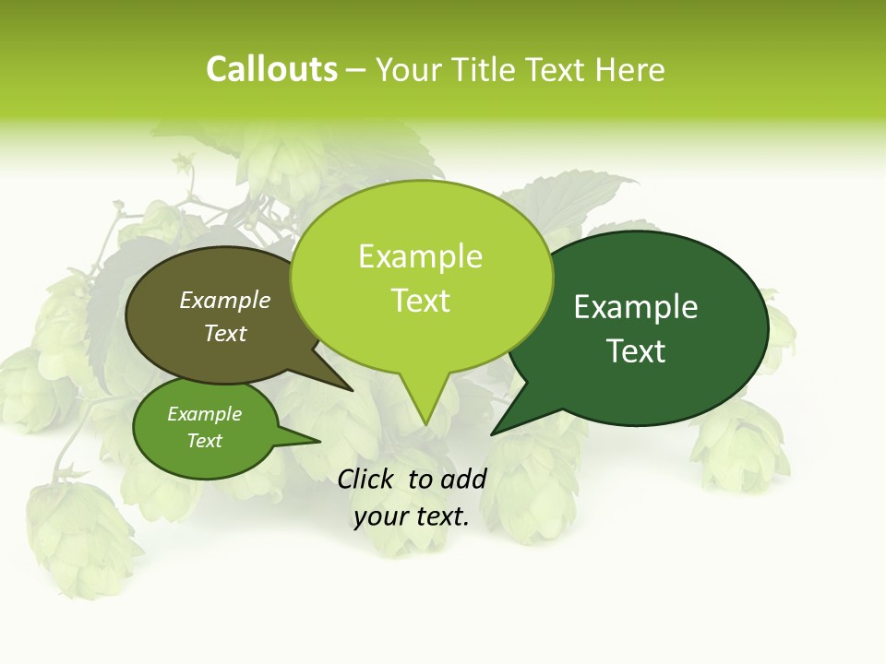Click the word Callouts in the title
271,69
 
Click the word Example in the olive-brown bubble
225,300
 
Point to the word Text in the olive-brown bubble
225,333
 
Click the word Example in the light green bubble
420,256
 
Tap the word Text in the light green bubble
421,301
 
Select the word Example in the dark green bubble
636,307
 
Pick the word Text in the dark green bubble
636,351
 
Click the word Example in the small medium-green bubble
204,414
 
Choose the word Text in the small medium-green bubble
204,441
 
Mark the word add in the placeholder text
462,479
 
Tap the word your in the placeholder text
380,516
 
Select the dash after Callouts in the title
356,69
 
